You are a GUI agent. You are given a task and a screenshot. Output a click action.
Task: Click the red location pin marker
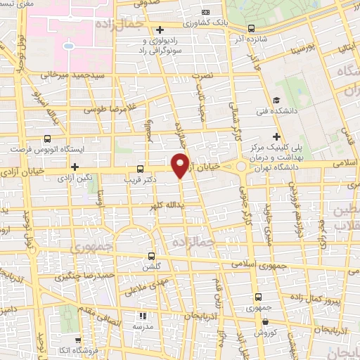pos(180,165)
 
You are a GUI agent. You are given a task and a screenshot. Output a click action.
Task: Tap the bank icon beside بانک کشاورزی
pos(205,12)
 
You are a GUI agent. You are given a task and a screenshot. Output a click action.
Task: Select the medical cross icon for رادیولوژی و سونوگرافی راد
pos(161,30)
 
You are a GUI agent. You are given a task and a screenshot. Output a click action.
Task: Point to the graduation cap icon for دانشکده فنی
pos(278,101)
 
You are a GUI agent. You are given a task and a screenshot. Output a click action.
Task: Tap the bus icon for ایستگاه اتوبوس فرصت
pos(47,139)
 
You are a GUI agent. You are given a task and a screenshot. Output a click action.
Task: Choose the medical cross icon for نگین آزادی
pos(75,167)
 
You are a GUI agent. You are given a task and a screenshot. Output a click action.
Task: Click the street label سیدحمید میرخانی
pos(72,74)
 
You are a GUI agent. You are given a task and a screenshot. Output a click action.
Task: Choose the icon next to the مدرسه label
pos(142,316)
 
